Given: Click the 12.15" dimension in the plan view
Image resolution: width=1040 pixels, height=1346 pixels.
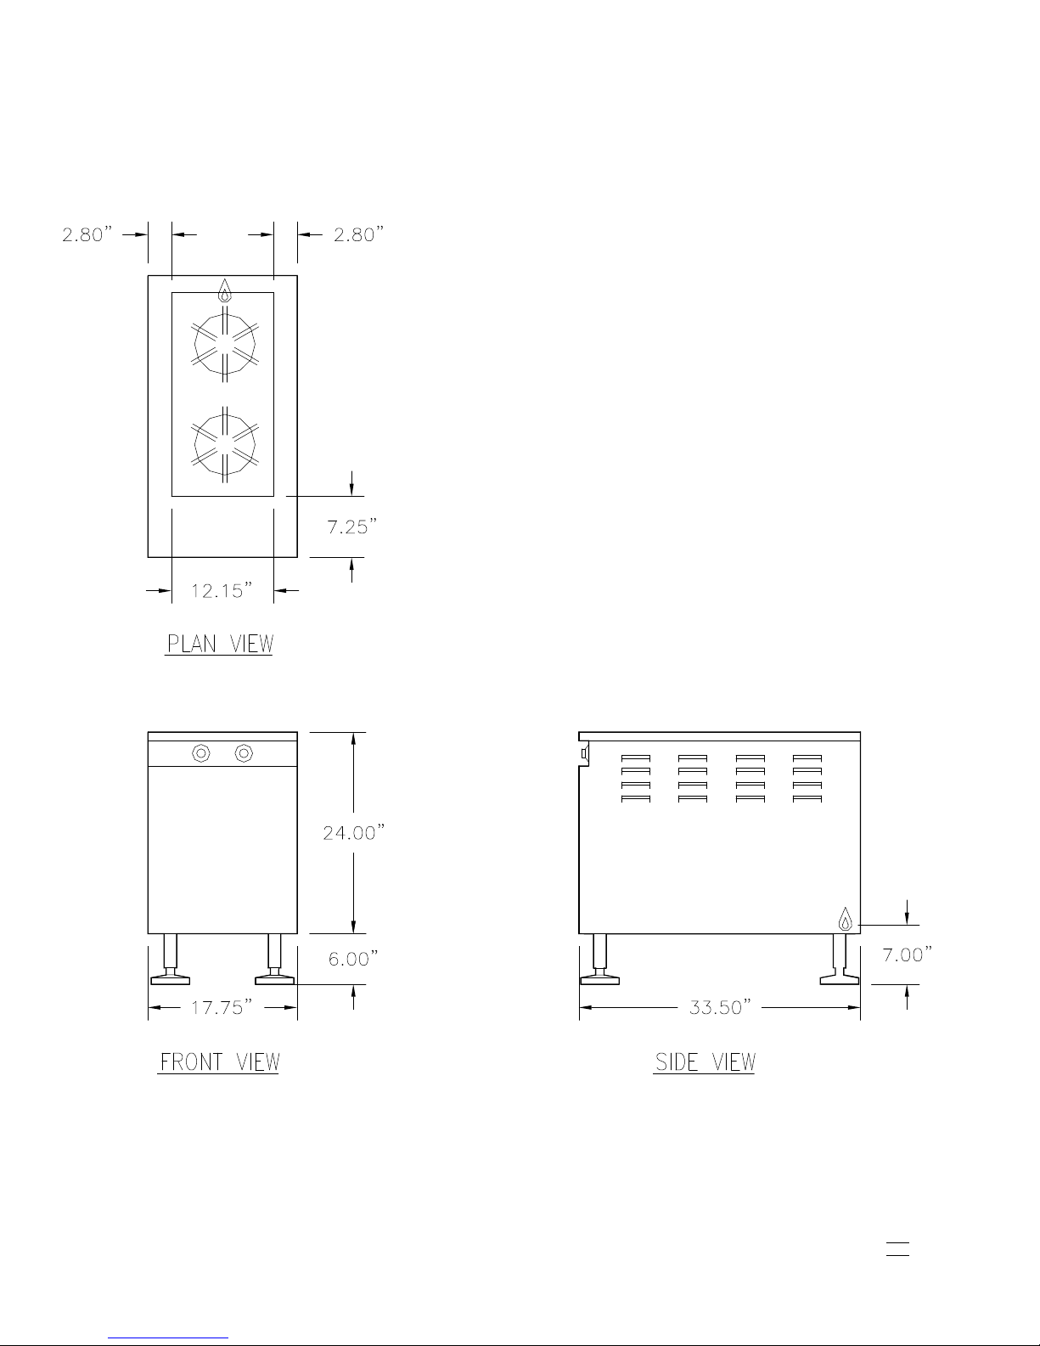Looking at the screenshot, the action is click(x=222, y=591).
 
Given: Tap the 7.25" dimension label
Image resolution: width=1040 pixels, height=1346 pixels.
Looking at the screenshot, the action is click(x=351, y=527).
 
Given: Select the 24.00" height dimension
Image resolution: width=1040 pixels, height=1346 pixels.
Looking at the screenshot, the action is click(x=353, y=832).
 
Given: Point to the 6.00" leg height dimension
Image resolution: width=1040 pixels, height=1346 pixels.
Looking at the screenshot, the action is click(x=353, y=959).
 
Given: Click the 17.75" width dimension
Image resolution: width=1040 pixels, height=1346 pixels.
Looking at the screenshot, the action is click(x=222, y=1008).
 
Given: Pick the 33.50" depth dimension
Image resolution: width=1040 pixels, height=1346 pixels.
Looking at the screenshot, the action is click(x=720, y=1008).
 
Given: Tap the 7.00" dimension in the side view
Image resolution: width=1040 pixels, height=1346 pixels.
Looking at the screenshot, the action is click(x=907, y=955).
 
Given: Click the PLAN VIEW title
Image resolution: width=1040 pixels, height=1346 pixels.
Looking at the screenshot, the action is click(x=220, y=645).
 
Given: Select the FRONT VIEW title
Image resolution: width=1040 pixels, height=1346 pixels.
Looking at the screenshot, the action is click(x=219, y=1062).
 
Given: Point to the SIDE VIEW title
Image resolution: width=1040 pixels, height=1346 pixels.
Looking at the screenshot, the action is click(x=706, y=1062).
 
